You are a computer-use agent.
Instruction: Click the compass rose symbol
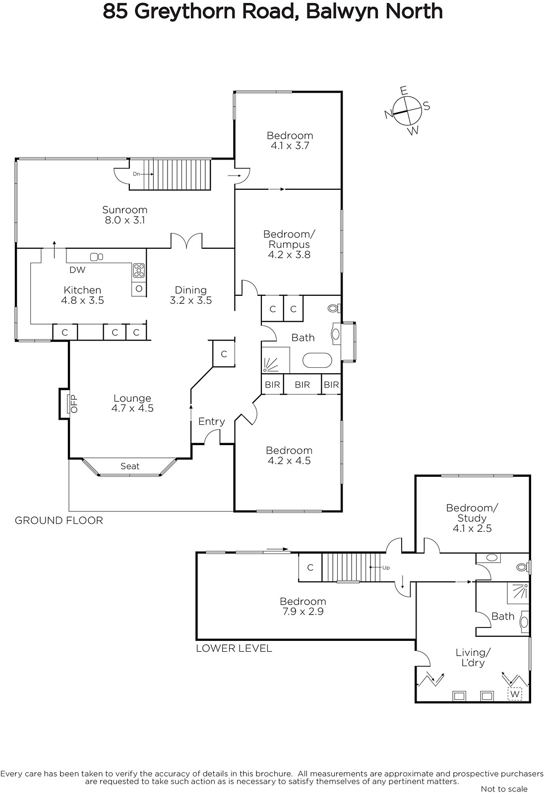[408, 111]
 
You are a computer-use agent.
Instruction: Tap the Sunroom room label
[124, 210]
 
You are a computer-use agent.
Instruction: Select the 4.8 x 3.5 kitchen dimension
[82, 300]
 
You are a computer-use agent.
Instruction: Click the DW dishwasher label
[77, 270]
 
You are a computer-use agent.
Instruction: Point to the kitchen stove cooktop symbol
[138, 271]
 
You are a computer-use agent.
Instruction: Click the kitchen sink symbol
[96, 257]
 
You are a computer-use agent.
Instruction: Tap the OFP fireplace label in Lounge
[74, 403]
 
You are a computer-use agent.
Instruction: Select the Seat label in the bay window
[130, 466]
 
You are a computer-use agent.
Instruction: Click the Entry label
[211, 421]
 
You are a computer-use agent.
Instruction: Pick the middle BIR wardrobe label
[302, 385]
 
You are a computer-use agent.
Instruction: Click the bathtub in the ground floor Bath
[317, 360]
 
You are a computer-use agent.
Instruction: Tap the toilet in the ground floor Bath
[334, 308]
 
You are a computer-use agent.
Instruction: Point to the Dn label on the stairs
[136, 174]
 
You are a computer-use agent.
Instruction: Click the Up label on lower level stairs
[386, 567]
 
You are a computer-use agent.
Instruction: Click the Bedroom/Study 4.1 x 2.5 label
[472, 518]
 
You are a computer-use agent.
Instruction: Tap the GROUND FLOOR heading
[59, 520]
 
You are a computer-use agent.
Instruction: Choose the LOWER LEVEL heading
[234, 648]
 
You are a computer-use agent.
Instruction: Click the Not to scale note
[504, 789]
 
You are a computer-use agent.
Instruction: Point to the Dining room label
[190, 290]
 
